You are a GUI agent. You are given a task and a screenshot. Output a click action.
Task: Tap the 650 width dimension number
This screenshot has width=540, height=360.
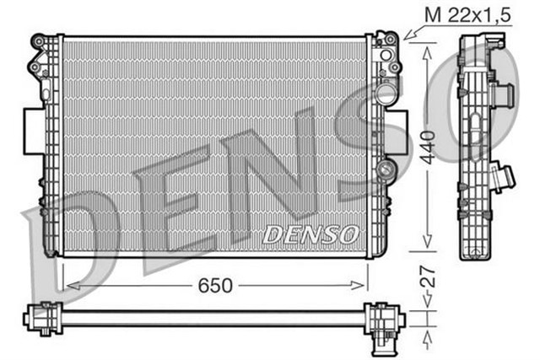coord(214,285)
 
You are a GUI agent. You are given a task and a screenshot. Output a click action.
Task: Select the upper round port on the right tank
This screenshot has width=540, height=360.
coord(386,56)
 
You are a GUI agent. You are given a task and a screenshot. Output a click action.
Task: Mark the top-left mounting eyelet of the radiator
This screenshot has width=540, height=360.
coord(38,40)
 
